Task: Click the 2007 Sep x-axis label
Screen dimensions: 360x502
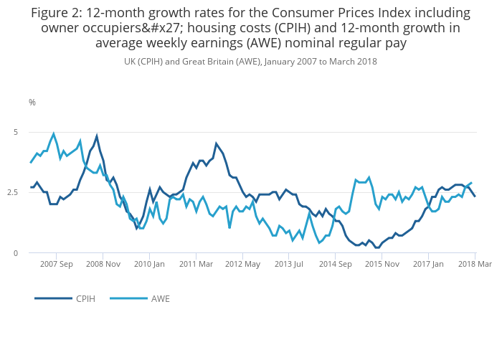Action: (56, 264)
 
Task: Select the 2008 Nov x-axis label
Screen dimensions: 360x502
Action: (103, 264)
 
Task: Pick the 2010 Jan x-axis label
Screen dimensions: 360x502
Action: (149, 264)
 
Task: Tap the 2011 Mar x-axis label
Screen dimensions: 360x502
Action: (196, 264)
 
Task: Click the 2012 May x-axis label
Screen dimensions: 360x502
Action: (242, 264)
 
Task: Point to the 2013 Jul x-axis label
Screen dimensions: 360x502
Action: (289, 264)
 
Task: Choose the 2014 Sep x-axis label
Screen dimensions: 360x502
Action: (335, 264)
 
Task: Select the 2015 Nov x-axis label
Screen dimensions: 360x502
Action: (382, 264)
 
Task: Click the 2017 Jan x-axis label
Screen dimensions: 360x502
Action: (428, 264)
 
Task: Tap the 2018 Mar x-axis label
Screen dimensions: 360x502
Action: (474, 264)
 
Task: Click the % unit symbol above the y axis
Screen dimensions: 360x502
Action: (32, 103)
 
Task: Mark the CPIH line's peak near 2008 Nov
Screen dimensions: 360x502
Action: (97, 136)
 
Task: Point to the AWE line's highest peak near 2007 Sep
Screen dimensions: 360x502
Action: (54, 133)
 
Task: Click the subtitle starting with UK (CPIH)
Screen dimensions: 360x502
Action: (250, 62)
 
